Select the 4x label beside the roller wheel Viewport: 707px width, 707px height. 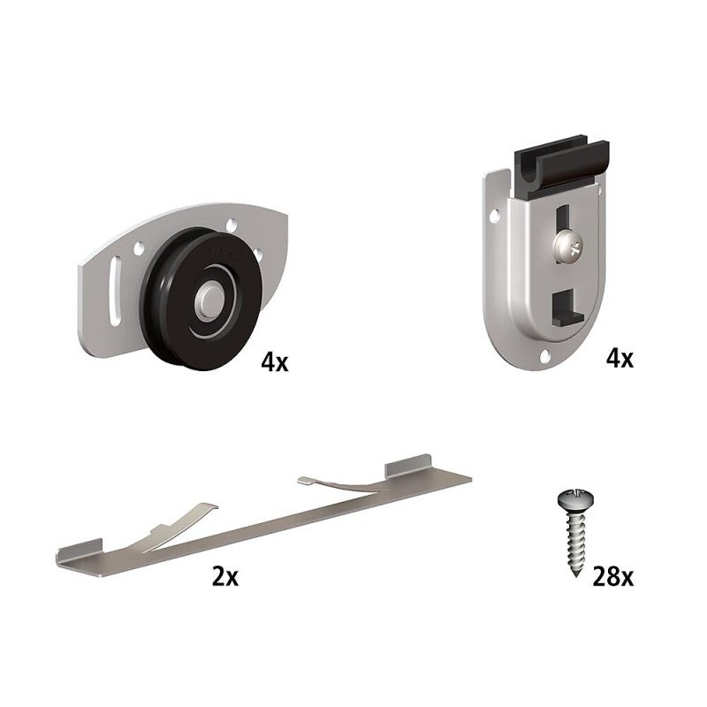[274, 361]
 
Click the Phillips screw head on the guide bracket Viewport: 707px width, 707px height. [569, 247]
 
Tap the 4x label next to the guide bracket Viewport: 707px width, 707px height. [620, 359]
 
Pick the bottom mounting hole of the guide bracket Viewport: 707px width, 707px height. [544, 357]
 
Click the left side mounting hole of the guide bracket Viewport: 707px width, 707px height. [494, 216]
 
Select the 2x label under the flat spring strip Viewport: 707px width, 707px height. [225, 577]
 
